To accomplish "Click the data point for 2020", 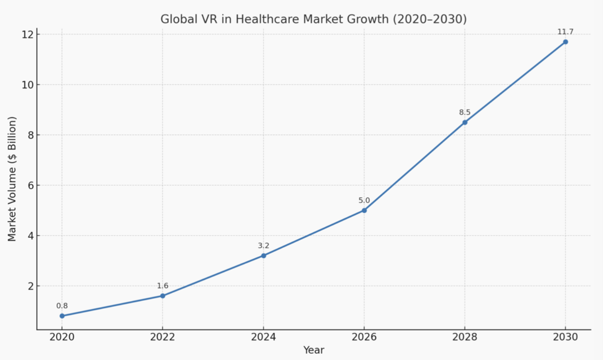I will [x=62, y=316].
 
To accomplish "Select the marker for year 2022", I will [x=163, y=296].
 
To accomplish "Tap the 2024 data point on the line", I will [x=263, y=256].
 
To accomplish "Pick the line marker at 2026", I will [x=364, y=210].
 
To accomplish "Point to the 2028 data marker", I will [x=465, y=123].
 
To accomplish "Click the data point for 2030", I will [x=565, y=42].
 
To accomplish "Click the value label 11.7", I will [x=565, y=32].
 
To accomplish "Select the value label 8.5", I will [x=465, y=112].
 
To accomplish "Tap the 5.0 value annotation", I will [x=364, y=200].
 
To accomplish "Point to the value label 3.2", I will [x=263, y=245].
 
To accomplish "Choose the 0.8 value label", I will [x=62, y=306].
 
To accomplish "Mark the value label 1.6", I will [x=163, y=286].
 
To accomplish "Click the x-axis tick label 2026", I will [x=364, y=337].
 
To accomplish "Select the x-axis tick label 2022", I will [x=163, y=337].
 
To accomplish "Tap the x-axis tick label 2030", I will [x=565, y=337].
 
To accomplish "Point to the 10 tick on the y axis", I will [x=28, y=85].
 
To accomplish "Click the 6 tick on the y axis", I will [x=30, y=185].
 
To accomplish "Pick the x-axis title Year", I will [x=314, y=350].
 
